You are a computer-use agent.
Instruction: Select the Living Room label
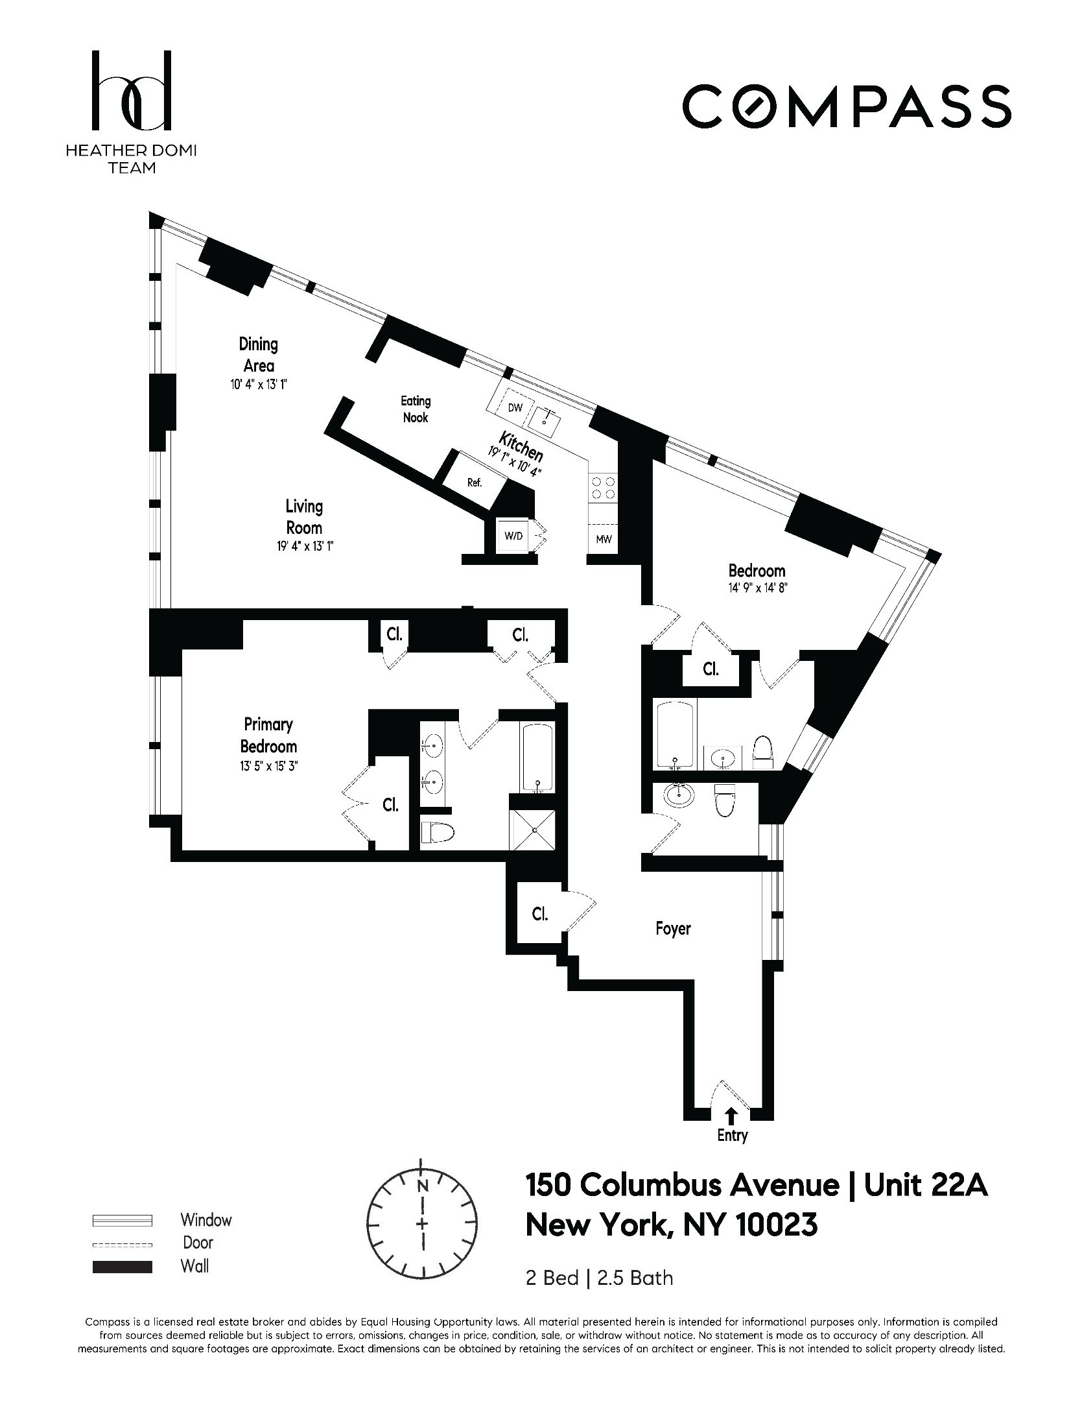pos(304,516)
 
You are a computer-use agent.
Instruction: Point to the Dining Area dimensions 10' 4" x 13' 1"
pos(259,384)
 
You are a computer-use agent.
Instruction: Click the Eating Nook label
pos(416,409)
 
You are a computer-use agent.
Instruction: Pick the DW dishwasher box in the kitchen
pos(515,408)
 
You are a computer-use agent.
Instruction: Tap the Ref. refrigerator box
pos(475,482)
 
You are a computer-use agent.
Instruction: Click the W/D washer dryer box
pos(514,536)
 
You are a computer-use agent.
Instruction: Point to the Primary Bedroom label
pos(268,735)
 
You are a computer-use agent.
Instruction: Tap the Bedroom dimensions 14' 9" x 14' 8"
pos(757,590)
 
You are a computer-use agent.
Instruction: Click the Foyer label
pos(673,928)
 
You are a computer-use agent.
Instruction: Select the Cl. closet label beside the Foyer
pos(539,914)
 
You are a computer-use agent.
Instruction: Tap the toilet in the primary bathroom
pos(435,832)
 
